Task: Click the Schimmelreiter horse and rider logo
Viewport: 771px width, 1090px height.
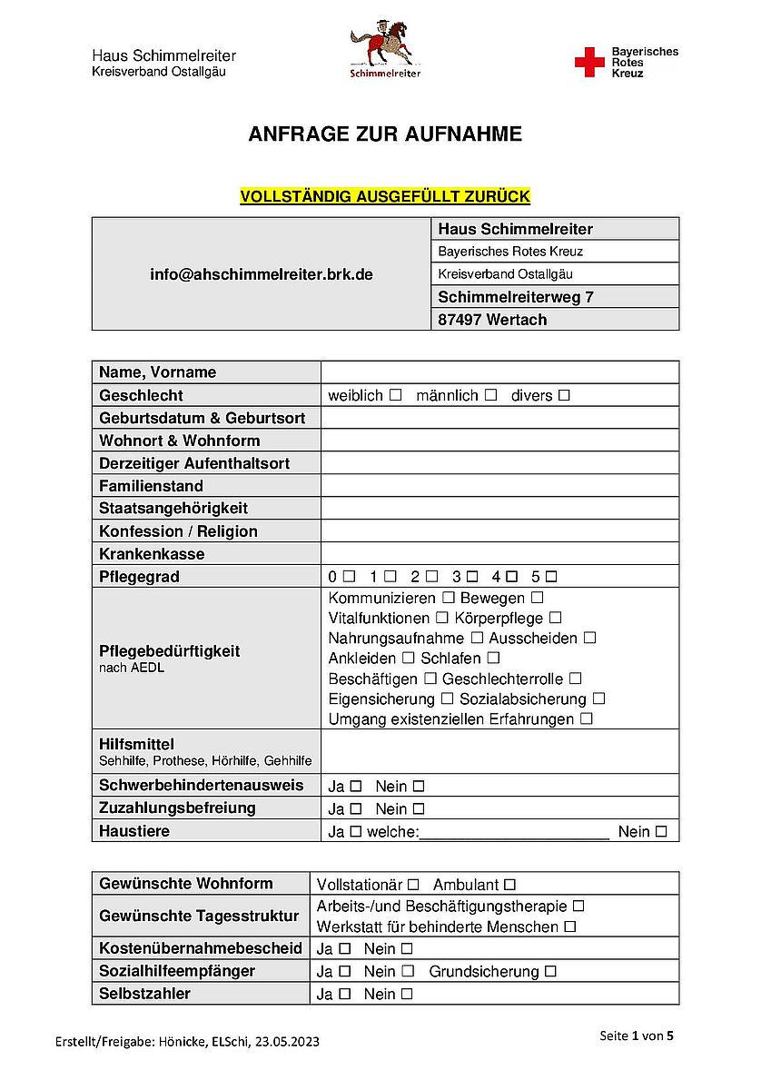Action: [385, 51]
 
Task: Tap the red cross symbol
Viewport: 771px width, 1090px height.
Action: [588, 63]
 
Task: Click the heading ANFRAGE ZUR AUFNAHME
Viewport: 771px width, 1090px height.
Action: [385, 134]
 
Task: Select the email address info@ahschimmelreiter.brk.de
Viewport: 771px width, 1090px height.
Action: [262, 273]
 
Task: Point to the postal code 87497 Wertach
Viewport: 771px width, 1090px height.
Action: [492, 319]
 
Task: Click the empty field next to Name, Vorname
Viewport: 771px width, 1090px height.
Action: [499, 372]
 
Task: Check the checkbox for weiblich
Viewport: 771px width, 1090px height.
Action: [395, 395]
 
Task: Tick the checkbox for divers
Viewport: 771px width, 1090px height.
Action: [564, 395]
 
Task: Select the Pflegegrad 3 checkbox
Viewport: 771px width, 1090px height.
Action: [471, 577]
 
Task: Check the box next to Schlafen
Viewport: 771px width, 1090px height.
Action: [494, 658]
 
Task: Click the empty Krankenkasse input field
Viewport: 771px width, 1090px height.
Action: [499, 553]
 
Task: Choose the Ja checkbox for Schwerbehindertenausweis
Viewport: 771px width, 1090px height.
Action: [356, 786]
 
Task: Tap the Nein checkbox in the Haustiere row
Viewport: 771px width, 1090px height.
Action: [661, 831]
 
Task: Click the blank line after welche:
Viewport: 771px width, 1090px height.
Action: [514, 831]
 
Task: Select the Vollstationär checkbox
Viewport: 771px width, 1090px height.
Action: [413, 884]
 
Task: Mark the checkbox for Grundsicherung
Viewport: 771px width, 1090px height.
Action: [550, 971]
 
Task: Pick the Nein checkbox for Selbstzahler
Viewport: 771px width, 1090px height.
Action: [407, 994]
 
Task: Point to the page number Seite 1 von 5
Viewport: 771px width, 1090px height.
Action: [637, 1035]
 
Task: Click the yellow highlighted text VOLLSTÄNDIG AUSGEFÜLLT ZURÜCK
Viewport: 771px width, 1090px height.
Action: [385, 196]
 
